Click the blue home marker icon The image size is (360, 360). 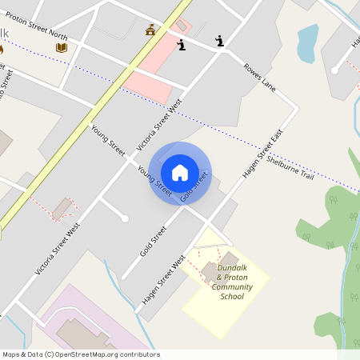[x=180, y=173]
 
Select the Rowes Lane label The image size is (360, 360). [x=259, y=78]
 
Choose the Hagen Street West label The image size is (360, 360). [x=163, y=280]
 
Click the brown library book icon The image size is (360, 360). [x=62, y=47]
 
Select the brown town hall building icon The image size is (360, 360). [x=150, y=30]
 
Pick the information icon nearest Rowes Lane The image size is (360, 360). [x=219, y=41]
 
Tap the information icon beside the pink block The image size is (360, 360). [x=182, y=45]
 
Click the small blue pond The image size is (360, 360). [x=306, y=43]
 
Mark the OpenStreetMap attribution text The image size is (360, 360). [x=80, y=354]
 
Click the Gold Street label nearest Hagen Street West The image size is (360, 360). [x=153, y=241]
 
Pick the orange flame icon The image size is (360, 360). [x=2, y=49]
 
